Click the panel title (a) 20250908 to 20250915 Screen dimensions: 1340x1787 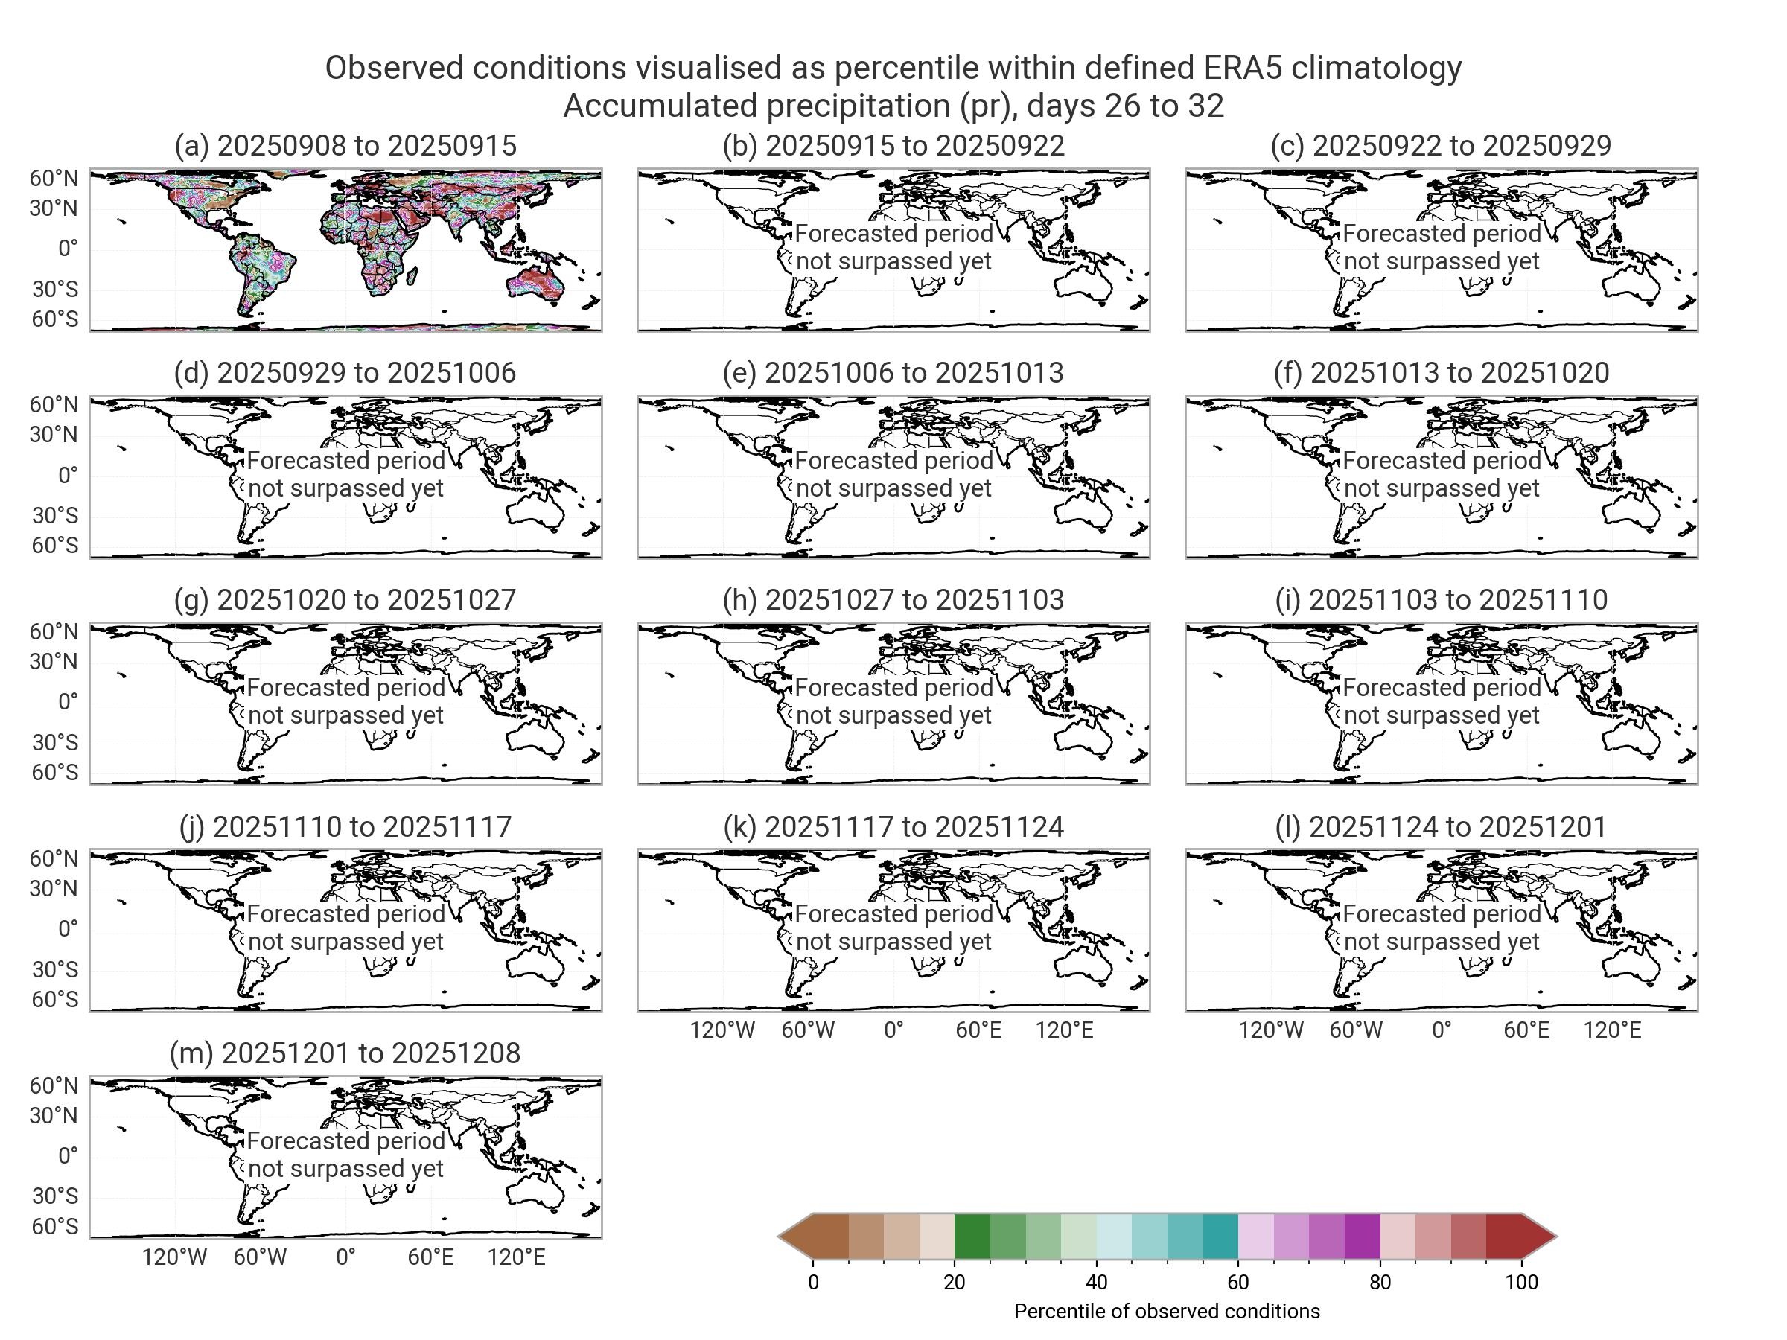click(x=345, y=145)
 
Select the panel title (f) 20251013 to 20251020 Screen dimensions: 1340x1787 click(x=1442, y=372)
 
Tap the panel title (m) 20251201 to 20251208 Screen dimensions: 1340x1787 click(x=345, y=1053)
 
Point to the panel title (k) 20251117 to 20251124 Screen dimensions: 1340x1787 click(x=893, y=826)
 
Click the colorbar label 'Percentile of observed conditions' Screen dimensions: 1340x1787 click(x=1167, y=1311)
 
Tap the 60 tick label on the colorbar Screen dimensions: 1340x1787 click(x=1237, y=1283)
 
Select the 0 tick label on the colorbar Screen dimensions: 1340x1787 click(x=813, y=1283)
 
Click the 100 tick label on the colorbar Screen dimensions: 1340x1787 click(x=1521, y=1283)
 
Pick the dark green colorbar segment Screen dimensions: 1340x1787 click(x=972, y=1236)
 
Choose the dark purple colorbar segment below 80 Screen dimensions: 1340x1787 click(x=1362, y=1236)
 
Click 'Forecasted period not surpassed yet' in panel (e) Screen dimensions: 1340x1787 click(x=893, y=474)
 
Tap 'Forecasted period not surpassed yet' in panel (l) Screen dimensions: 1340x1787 click(x=1442, y=928)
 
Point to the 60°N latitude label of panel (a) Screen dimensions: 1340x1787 click(x=54, y=179)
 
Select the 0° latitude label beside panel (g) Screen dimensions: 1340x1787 click(x=68, y=701)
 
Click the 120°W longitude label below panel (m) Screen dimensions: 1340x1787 click(x=174, y=1257)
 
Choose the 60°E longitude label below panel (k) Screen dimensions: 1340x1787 click(x=978, y=1030)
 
